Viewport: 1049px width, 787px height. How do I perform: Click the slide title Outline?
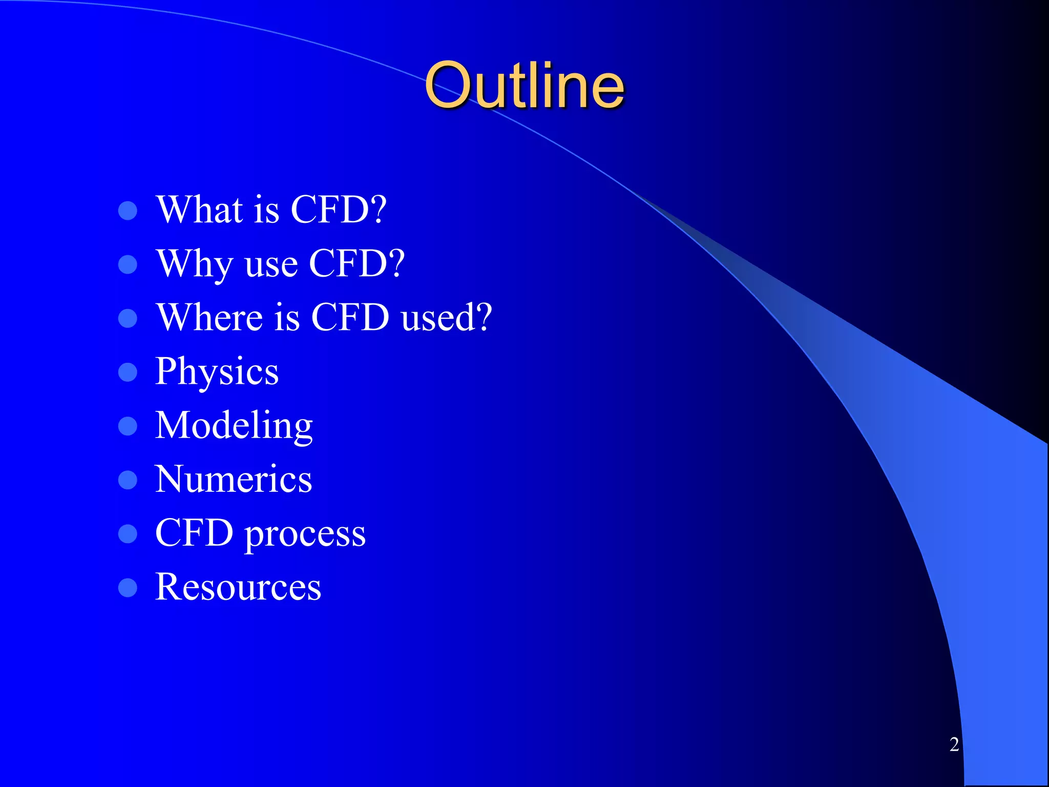pos(524,86)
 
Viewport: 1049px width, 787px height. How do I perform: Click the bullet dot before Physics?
pos(128,372)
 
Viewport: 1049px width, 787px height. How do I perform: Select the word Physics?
pos(217,371)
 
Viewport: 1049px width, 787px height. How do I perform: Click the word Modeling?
pos(234,425)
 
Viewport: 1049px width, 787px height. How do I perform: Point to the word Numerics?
pos(234,479)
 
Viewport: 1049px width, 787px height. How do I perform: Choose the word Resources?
pos(238,587)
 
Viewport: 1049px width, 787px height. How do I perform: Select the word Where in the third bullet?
pos(210,317)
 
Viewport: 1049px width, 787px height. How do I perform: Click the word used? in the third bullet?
pos(446,317)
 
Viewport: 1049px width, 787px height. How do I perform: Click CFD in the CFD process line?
pos(195,533)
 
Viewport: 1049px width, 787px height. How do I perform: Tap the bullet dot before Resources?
pos(128,588)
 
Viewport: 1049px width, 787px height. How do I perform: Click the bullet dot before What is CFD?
pos(128,211)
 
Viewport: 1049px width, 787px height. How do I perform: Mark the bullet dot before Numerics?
pos(128,480)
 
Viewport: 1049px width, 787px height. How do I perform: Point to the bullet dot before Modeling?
pos(128,426)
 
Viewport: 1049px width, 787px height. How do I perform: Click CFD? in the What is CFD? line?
pos(339,210)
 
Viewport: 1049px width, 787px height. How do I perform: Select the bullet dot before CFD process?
pos(128,534)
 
